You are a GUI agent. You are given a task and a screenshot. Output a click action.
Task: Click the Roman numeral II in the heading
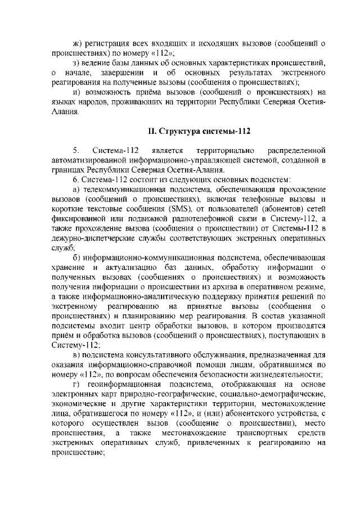coord(151,132)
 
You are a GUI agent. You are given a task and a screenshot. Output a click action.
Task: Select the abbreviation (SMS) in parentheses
coord(173,210)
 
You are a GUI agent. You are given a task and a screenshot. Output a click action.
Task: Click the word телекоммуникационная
coord(122,190)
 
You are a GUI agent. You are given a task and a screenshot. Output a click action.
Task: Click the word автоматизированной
coord(86,160)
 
